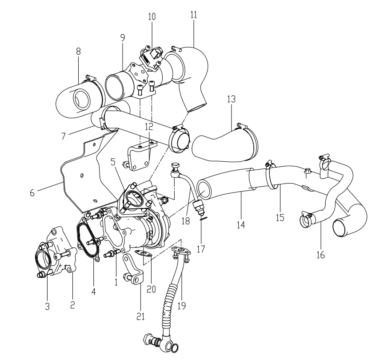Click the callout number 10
pyautogui.click(x=152, y=16)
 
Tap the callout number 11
pyautogui.click(x=194, y=14)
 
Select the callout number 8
pyautogui.click(x=78, y=51)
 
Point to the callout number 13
pyautogui.click(x=232, y=99)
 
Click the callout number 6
pyautogui.click(x=32, y=192)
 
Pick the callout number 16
pyautogui.click(x=320, y=255)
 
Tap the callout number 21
pyautogui.click(x=141, y=316)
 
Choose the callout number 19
pyautogui.click(x=182, y=306)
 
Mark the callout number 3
pyautogui.click(x=47, y=306)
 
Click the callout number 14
pyautogui.click(x=241, y=225)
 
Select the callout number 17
pyautogui.click(x=201, y=249)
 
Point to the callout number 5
pyautogui.click(x=113, y=162)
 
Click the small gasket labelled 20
pyautogui.click(x=144, y=253)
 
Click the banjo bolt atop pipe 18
pyautogui.click(x=175, y=168)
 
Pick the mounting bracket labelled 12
pyautogui.click(x=141, y=156)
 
